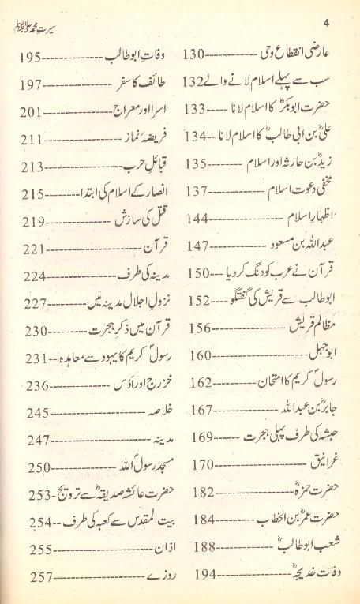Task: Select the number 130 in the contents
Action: pos(194,58)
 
